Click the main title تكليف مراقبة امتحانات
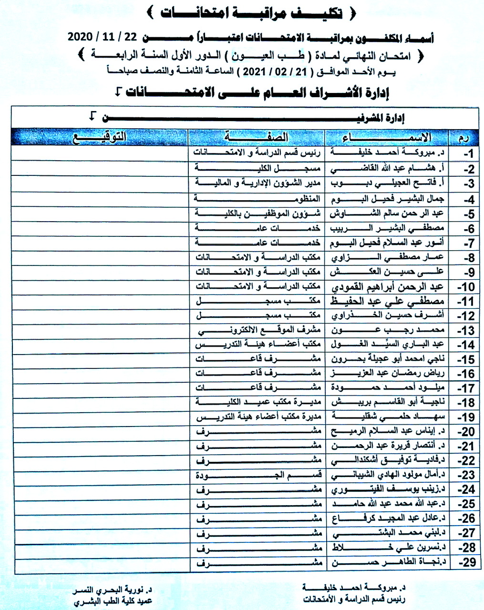click(251, 13)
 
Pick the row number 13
click(467, 330)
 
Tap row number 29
click(467, 562)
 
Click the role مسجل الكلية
click(258, 168)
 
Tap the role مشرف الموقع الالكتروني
click(258, 330)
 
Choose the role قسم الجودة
click(258, 475)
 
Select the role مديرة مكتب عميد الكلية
click(258, 402)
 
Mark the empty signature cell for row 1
click(100, 153)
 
